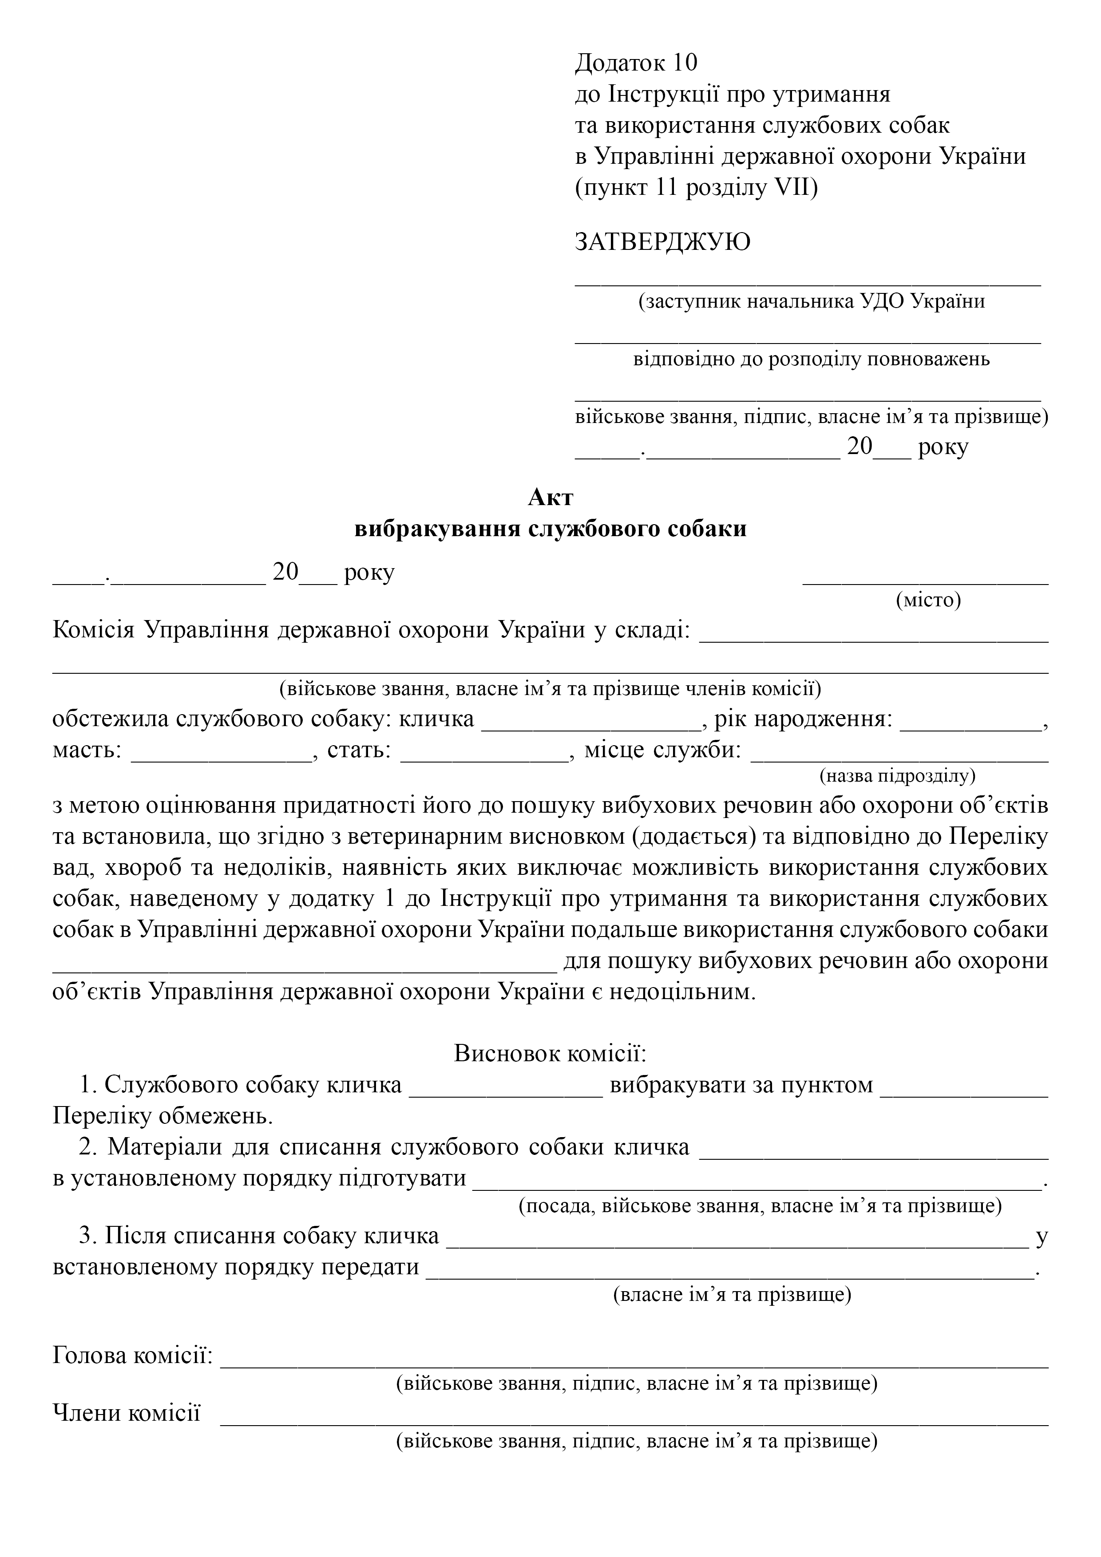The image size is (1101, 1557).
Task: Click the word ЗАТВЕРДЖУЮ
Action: tap(663, 242)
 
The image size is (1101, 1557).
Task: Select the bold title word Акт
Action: tap(550, 497)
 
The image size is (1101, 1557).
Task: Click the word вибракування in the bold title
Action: tap(438, 528)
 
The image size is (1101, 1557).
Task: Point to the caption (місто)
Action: tap(928, 600)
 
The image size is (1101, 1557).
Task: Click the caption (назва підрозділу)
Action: tap(897, 775)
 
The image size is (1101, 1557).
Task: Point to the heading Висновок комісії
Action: tap(550, 1053)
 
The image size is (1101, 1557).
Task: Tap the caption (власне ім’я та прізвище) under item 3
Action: tap(732, 1295)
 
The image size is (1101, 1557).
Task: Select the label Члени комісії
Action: tap(127, 1413)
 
